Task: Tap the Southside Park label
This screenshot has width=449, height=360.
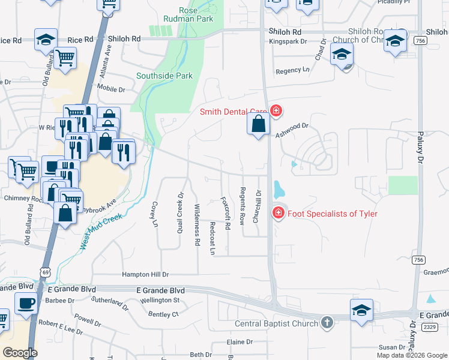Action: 164,76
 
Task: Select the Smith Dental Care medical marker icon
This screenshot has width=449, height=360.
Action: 276,110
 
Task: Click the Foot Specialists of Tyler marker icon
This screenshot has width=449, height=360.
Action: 278,213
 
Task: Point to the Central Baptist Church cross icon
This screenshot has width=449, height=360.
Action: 327,323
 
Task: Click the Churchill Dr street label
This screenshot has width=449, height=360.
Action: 258,206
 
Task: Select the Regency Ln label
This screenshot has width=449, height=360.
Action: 292,71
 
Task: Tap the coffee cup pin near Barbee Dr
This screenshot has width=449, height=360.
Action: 25,304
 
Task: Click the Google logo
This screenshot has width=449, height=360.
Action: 19,353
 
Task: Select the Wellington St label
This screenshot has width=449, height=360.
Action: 160,300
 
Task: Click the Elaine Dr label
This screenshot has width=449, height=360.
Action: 240,342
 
